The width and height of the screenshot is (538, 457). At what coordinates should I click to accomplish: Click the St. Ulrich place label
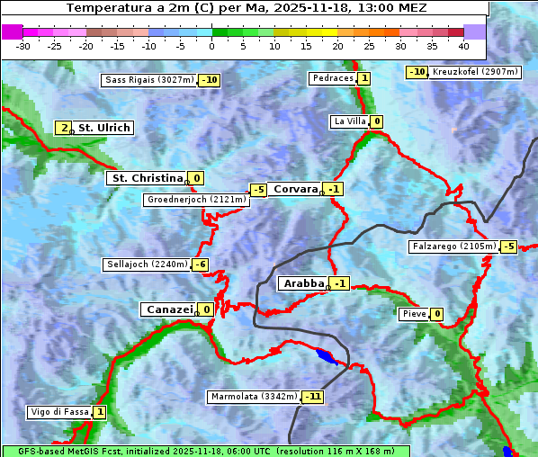103,128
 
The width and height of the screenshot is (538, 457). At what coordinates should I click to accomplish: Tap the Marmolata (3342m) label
253,397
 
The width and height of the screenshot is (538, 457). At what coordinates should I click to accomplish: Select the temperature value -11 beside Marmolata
313,397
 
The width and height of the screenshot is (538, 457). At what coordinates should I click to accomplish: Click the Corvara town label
295,189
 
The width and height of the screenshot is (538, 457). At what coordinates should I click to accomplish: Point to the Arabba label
302,283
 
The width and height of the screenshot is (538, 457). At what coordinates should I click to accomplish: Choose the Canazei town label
168,309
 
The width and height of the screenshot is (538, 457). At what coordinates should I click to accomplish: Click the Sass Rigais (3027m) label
149,80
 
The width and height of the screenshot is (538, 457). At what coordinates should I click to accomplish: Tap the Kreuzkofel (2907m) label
474,71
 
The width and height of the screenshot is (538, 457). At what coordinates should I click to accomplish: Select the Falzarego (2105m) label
453,246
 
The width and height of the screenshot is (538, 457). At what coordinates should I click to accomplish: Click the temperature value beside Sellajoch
200,264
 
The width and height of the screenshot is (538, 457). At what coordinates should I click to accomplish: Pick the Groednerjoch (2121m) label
196,200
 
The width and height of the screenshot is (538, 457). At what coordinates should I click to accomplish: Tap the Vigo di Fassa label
60,412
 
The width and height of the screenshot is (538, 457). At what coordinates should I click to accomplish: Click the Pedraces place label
332,78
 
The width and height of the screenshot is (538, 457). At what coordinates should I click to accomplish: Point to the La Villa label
349,121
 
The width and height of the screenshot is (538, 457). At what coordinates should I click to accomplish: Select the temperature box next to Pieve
436,314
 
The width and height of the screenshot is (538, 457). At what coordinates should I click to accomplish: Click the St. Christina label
147,178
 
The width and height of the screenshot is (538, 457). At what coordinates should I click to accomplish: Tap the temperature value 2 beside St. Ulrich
64,128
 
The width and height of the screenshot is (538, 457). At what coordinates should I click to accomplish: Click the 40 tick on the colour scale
463,45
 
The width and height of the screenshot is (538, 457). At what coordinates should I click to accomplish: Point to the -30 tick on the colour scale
23,45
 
